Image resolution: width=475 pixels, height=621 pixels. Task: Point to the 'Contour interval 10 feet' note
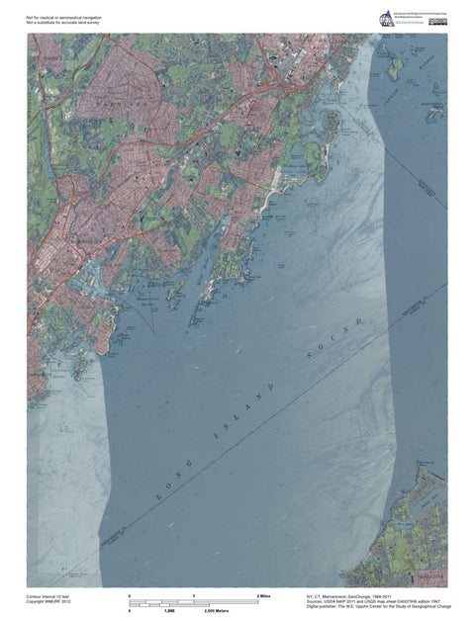(50, 597)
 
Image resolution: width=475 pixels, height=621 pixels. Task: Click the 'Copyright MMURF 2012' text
(49, 603)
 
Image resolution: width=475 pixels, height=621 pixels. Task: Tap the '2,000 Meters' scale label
(218, 611)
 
